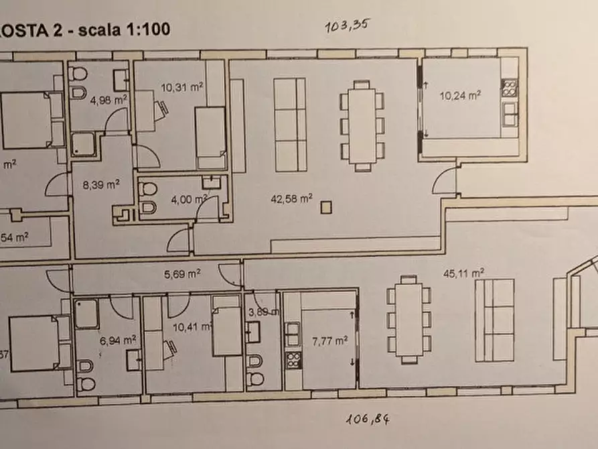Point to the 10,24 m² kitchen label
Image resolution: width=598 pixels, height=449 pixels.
[459, 95]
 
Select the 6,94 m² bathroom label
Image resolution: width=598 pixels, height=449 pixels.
[113, 341]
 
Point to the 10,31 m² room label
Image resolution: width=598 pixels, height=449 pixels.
[181, 86]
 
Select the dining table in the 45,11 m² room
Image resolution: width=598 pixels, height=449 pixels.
[408, 319]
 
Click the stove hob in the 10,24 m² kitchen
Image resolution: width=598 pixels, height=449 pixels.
[510, 88]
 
